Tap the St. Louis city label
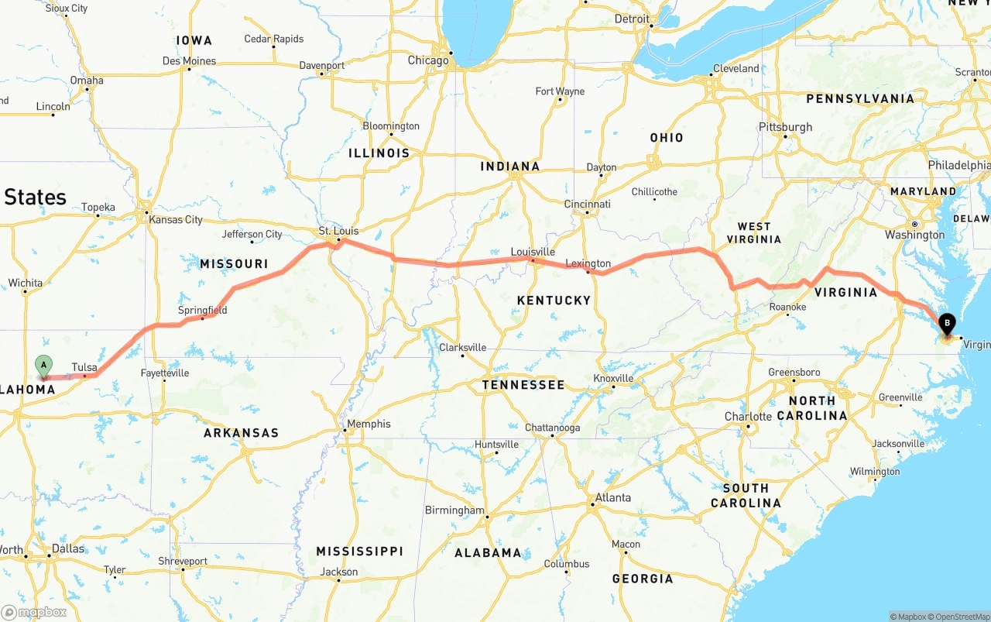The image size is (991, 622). (339, 231)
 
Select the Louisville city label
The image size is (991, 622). (533, 252)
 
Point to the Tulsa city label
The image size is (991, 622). (84, 367)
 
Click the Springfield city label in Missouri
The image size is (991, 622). (203, 311)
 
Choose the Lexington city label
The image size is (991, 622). (588, 263)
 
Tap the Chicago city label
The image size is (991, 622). (428, 60)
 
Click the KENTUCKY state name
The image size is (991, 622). (554, 300)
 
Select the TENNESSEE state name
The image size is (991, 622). (523, 384)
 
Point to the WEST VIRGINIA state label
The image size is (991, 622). (753, 233)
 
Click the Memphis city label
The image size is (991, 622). (369, 424)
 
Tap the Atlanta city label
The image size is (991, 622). (612, 497)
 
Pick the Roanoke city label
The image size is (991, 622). (787, 308)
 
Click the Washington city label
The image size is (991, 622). (914, 235)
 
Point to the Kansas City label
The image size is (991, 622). (176, 219)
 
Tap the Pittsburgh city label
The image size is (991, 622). (785, 127)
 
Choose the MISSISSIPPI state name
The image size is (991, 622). (359, 551)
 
